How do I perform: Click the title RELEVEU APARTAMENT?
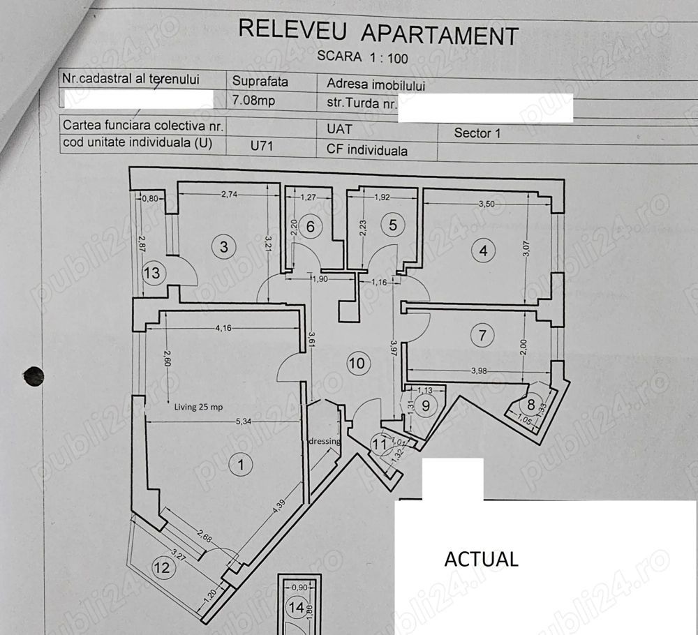tap(378, 32)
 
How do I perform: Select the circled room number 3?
tap(223, 246)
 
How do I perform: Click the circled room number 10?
tap(357, 363)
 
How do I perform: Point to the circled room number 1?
tap(242, 465)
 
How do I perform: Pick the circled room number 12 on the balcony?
tap(162, 568)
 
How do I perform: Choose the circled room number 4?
tap(484, 251)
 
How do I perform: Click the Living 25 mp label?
tap(198, 408)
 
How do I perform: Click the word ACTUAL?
tap(482, 559)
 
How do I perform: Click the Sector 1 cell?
tap(477, 133)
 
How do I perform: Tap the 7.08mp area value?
tap(253, 100)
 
